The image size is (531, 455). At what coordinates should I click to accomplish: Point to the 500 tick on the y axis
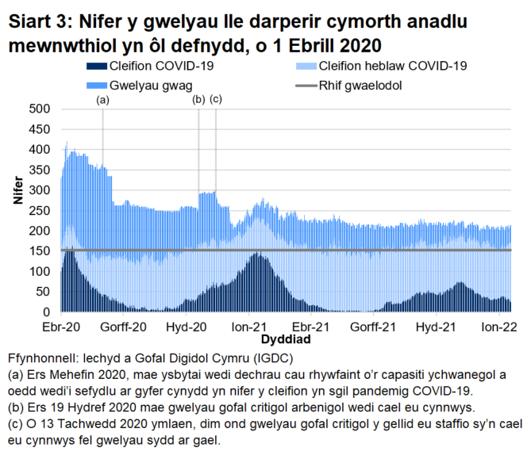39,109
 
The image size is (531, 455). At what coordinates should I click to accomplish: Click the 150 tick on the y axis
39,251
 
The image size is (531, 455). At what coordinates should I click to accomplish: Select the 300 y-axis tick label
39,190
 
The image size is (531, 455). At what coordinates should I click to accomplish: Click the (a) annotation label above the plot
102,101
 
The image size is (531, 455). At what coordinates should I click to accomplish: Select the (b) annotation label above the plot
199,100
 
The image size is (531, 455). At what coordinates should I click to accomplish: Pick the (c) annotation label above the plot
215,100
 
